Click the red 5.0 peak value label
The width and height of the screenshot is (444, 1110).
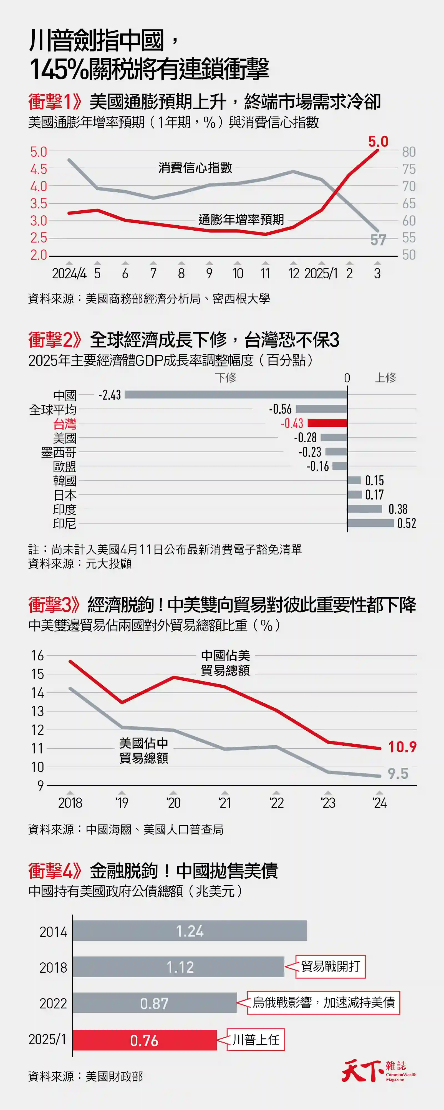point(378,141)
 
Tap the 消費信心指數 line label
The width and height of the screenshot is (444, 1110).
point(195,168)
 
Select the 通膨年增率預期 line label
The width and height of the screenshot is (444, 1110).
point(241,220)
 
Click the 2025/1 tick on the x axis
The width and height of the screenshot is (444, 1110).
point(321,273)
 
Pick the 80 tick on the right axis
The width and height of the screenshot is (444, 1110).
point(409,152)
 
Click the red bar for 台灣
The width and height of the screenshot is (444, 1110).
point(327,423)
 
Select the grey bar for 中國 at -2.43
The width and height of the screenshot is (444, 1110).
point(236,394)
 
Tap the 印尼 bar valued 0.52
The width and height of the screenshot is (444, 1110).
point(370,523)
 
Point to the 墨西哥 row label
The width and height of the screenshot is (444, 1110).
point(59,452)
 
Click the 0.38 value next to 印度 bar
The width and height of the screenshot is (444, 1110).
point(398,509)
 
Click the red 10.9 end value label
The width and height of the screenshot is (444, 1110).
point(402,747)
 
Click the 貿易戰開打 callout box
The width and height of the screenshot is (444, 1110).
point(330,967)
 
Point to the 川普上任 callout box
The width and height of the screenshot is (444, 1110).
point(256,1040)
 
